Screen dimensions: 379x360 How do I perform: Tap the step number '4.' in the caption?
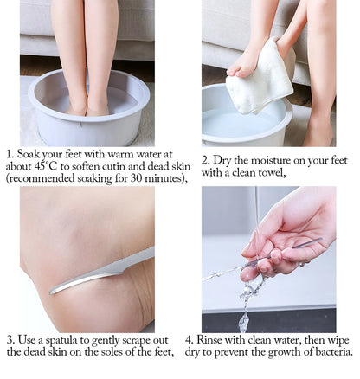[x=205, y=339]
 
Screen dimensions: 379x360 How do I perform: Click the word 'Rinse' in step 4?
[x=228, y=339]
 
